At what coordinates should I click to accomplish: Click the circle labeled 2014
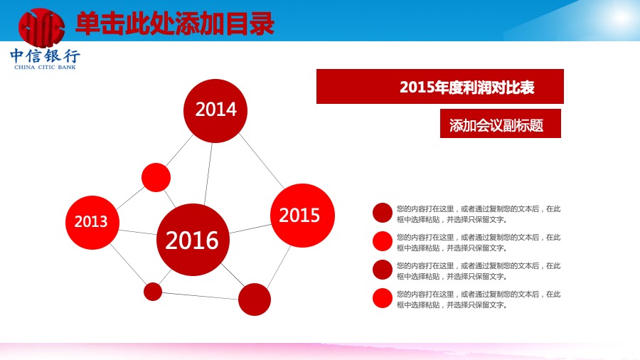point(215,110)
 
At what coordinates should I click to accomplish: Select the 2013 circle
point(92,223)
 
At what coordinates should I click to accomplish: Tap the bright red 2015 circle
point(302,216)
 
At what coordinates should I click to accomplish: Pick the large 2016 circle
point(193,240)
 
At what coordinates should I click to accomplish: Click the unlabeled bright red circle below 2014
point(156,178)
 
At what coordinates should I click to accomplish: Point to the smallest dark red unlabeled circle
point(153,292)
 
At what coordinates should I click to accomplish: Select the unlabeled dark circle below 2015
point(255,300)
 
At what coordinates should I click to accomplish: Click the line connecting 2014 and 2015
point(261,161)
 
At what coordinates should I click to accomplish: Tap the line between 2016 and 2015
point(250,228)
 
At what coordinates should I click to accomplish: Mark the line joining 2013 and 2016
point(138,232)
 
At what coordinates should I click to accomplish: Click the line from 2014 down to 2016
point(208,174)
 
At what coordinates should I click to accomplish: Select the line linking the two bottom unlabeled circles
point(200,296)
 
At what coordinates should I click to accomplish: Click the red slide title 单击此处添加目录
point(175,23)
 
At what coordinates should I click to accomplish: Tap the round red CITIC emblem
point(41,28)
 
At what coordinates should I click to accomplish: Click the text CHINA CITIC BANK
point(45,68)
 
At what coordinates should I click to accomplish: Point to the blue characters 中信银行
point(45,55)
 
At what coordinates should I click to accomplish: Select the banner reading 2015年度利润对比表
point(440,87)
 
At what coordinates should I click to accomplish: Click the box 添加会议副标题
point(501,123)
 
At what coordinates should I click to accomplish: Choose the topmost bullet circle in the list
point(383,213)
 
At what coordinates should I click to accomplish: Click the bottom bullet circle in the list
point(383,298)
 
